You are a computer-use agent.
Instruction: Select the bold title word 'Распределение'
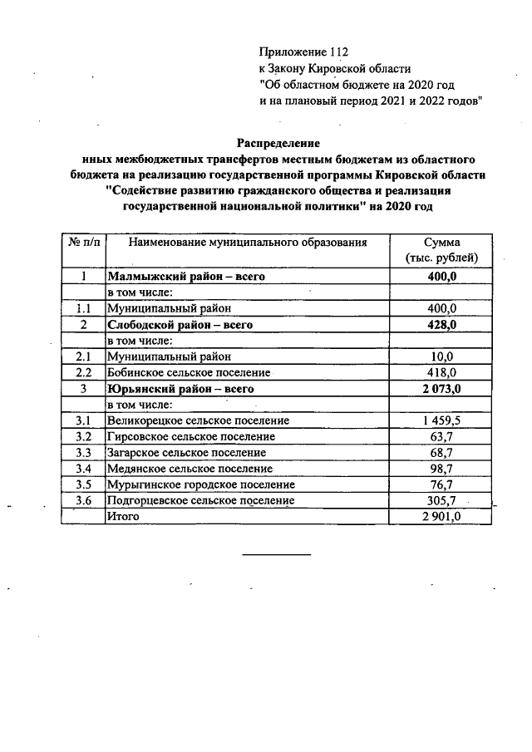[x=278, y=143]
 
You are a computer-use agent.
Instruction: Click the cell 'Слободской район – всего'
[x=180, y=325]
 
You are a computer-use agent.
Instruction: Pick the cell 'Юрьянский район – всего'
[x=179, y=389]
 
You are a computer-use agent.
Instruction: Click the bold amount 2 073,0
[x=442, y=389]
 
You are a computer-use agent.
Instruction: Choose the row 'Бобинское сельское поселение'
[x=189, y=372]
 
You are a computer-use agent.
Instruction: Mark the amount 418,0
[x=442, y=372]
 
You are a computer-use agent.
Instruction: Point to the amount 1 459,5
[x=442, y=420]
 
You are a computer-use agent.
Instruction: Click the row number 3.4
[x=82, y=469]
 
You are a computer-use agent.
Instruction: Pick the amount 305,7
[x=442, y=500]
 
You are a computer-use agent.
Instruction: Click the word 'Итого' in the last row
[x=122, y=516]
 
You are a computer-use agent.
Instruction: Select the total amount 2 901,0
[x=442, y=516]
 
